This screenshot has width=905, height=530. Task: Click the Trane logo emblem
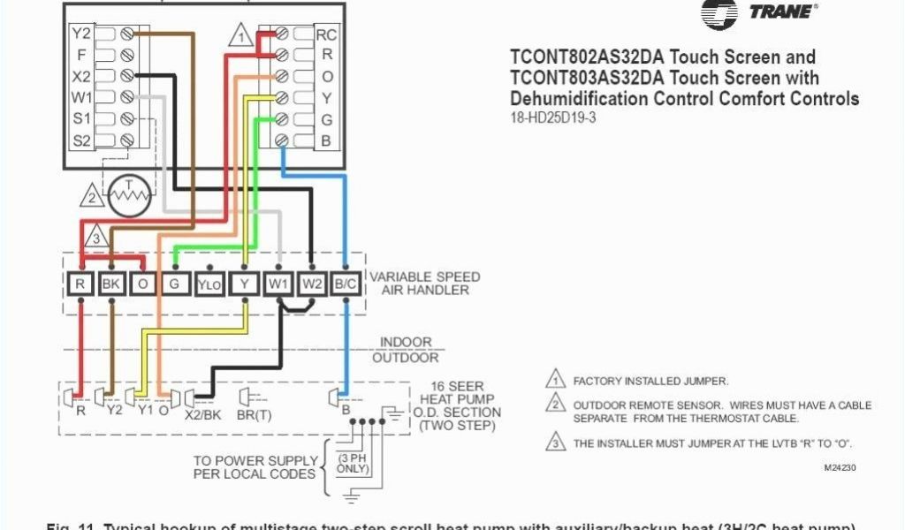pos(719,12)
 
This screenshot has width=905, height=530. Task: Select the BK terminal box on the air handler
pos(112,284)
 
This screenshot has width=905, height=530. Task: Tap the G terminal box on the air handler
pos(175,284)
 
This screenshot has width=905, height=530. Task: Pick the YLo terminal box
pos(209,284)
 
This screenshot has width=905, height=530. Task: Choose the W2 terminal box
pos(312,284)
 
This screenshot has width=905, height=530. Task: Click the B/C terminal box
pos(345,284)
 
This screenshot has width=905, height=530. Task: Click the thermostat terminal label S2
pos(81,140)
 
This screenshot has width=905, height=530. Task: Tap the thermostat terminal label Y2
pos(81,34)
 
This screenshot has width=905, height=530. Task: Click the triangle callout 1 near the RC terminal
pos(240,37)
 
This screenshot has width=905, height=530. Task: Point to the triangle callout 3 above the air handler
pos(96,238)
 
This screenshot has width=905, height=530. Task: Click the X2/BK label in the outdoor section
pos(202,412)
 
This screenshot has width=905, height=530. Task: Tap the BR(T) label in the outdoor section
pos(254,412)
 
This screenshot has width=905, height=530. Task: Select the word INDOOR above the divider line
pos(407,342)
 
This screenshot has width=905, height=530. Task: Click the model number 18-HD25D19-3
pos(553,117)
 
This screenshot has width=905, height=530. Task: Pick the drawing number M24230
pos(839,467)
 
